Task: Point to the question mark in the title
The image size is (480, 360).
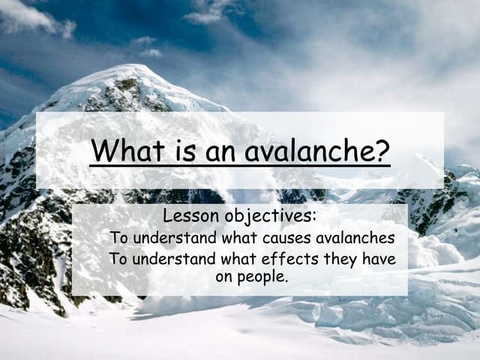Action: tap(382, 151)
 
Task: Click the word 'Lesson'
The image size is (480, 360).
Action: tap(190, 217)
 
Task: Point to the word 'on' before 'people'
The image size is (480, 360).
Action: tap(223, 276)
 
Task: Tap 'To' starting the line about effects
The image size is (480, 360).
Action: tap(118, 259)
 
